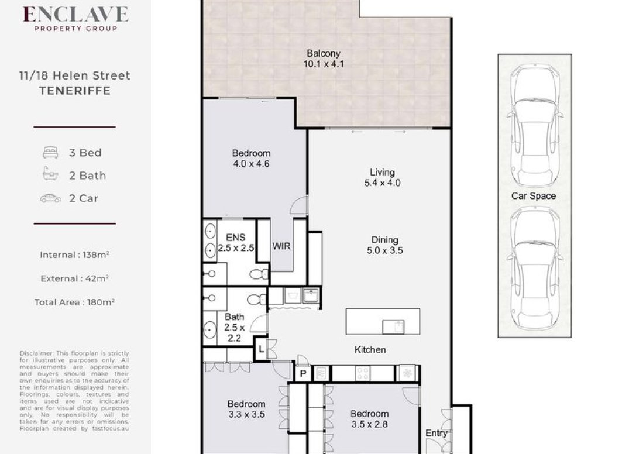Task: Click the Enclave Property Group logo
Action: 75,18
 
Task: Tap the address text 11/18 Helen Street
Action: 74,75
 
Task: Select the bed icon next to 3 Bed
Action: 50,153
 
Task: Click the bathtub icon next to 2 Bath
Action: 50,175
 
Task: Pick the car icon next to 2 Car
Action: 50,198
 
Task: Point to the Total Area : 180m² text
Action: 74,302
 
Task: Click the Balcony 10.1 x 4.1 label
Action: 324,59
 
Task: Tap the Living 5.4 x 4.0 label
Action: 382,177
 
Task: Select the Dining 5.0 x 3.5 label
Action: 384,245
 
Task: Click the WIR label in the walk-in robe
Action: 281,246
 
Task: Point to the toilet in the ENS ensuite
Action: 258,274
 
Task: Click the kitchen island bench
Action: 383,321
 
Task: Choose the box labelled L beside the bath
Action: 262,349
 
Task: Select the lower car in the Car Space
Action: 534,266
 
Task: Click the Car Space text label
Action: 534,196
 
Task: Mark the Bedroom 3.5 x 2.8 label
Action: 369,419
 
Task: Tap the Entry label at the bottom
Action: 436,434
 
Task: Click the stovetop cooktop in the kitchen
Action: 363,373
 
